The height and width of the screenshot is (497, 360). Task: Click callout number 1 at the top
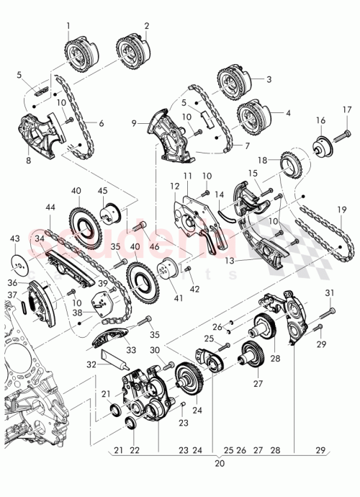[x=68, y=27]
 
